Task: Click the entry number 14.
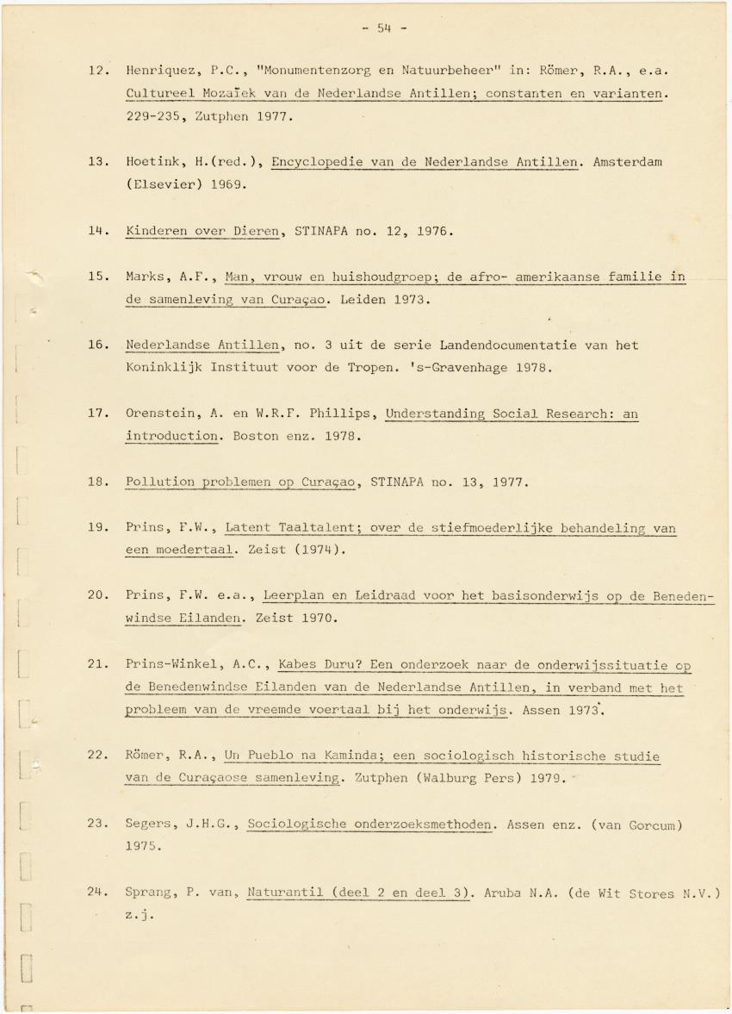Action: (x=96, y=231)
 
